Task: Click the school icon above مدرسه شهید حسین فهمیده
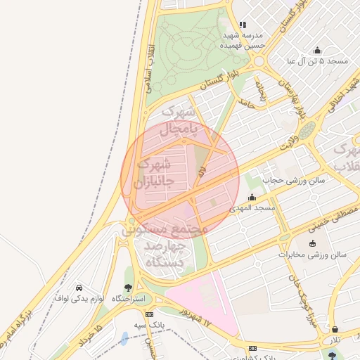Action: (243, 25)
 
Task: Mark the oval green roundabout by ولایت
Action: (307, 130)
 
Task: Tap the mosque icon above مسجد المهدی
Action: (252, 198)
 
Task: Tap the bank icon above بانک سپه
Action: (148, 313)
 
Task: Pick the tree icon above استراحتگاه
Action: (128, 288)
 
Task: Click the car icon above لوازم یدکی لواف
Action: (79, 288)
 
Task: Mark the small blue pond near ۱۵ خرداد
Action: (124, 338)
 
